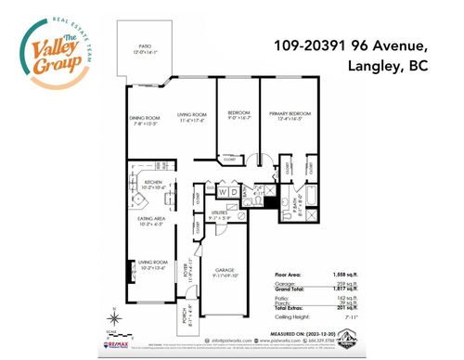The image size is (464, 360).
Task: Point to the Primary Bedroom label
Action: (290, 117)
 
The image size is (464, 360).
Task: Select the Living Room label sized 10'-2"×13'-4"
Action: (152, 266)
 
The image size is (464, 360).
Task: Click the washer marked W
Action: (223, 193)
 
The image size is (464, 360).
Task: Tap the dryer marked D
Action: (235, 193)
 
